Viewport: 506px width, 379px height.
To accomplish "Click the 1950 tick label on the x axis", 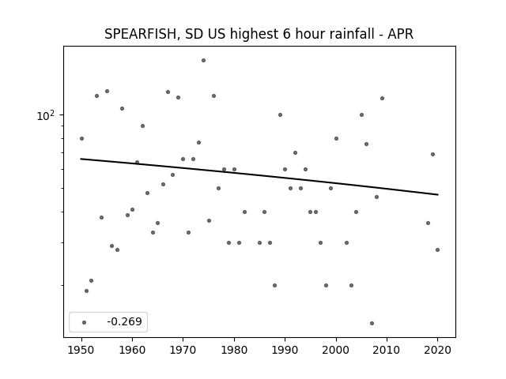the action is point(81,350).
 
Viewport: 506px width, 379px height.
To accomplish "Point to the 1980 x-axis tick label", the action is point(234,350).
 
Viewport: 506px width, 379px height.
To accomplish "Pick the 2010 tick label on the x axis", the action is point(387,350).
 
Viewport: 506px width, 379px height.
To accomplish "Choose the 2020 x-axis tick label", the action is point(437,350).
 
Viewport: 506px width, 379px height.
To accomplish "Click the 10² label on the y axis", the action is point(46,115).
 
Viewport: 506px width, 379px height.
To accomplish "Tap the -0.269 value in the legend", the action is point(125,321).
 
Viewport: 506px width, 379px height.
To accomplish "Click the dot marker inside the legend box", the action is point(85,322).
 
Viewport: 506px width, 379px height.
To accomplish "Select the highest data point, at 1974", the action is point(203,60).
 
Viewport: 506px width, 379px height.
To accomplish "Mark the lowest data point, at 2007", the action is point(372,323).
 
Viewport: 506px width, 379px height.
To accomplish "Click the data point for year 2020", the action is point(437,250).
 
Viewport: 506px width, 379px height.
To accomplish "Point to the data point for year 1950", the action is point(81,139).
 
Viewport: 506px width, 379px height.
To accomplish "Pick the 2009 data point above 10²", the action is point(382,98).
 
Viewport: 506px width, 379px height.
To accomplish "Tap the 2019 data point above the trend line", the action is point(432,155).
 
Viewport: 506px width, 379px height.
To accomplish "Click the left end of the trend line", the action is point(81,159).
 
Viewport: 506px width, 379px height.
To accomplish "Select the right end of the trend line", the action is point(438,195).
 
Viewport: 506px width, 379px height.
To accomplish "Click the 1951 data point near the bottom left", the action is point(86,291).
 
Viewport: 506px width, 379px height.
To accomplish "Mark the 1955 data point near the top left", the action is point(108,92).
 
